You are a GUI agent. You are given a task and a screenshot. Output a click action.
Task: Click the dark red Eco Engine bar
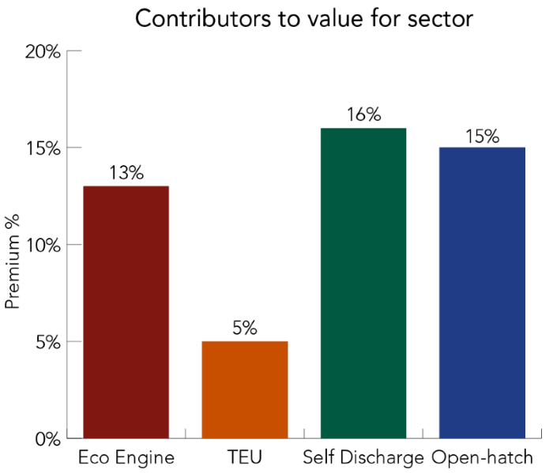tap(126, 311)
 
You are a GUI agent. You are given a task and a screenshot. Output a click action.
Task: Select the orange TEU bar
tap(245, 389)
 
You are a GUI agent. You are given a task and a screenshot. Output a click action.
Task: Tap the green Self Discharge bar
tap(363, 283)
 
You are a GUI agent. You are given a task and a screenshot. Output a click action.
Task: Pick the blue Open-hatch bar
tap(482, 292)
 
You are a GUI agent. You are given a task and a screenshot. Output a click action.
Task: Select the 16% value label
tap(363, 114)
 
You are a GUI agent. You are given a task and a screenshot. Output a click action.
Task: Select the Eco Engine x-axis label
tap(126, 458)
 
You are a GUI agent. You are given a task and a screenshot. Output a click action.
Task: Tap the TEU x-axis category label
tap(245, 458)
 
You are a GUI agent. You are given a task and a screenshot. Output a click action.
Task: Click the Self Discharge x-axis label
tap(363, 458)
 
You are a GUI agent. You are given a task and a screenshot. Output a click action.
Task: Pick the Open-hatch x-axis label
tap(483, 458)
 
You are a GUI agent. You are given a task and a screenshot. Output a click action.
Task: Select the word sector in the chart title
tap(444, 19)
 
